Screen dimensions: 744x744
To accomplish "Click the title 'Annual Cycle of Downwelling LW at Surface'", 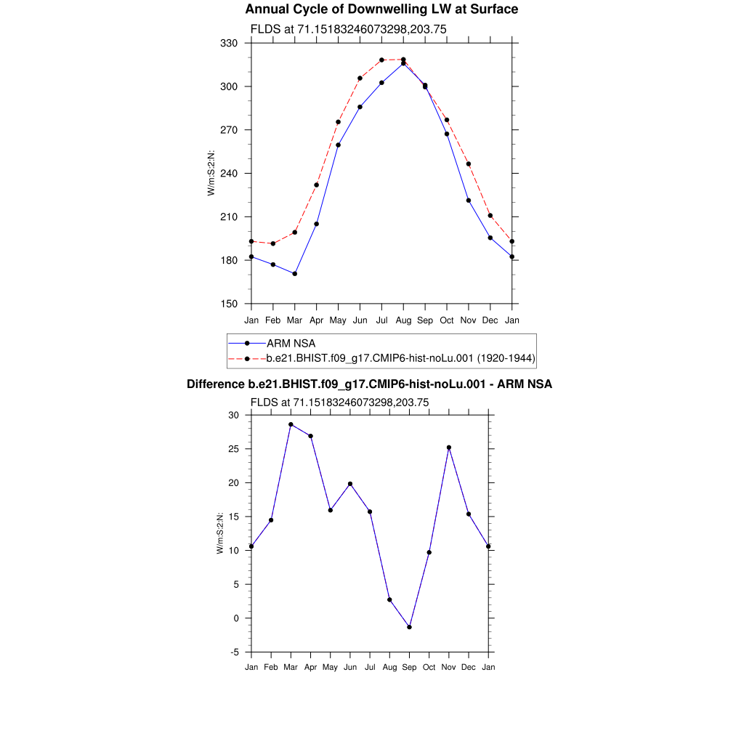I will [x=381, y=9].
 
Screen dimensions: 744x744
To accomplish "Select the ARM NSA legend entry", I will [x=291, y=343].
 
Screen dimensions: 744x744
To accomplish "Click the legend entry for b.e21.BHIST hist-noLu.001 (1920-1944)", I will [x=400, y=358].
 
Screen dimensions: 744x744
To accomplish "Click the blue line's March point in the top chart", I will [x=294, y=274].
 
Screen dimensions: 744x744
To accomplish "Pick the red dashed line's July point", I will [x=382, y=60].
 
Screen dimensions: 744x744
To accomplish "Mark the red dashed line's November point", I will [x=469, y=164].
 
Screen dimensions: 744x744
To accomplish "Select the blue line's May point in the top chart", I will [x=338, y=145].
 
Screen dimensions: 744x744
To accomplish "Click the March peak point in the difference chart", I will [x=291, y=424].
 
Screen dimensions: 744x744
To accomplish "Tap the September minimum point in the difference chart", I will [x=410, y=627].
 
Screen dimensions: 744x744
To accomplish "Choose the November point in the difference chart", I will [x=449, y=448].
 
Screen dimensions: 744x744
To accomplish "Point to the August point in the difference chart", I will [x=389, y=599].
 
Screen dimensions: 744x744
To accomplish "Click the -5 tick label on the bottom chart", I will [x=234, y=652].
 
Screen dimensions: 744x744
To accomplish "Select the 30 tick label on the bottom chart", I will [x=234, y=416].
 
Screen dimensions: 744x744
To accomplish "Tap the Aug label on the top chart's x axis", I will [x=403, y=320].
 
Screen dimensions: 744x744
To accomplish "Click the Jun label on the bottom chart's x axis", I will [x=350, y=667].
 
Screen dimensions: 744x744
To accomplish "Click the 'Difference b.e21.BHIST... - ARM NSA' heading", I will [x=369, y=384].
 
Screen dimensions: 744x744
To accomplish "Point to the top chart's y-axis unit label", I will [x=211, y=173].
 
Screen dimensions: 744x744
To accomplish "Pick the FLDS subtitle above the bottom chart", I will [x=339, y=402].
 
